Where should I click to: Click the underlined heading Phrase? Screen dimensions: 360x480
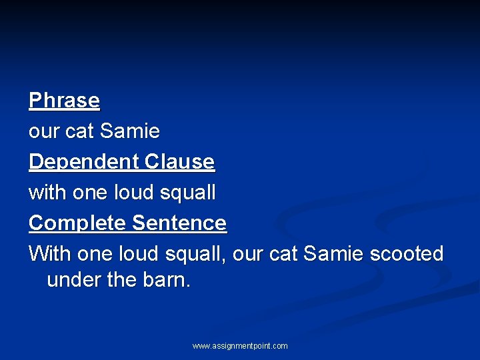[64, 101]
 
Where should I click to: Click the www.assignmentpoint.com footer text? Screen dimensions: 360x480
[240, 346]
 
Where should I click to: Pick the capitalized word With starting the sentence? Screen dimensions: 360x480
[50, 254]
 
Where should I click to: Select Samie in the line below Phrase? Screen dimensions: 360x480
[129, 131]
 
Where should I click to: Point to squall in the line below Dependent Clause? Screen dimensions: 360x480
[189, 193]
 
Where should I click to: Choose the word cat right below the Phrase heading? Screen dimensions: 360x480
[79, 131]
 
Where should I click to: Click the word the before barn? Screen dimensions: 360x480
[121, 280]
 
